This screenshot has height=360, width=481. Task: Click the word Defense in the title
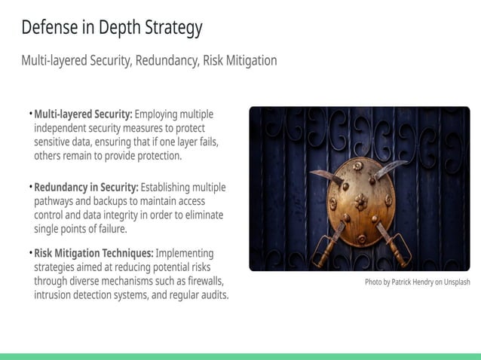pyautogui.click(x=50, y=28)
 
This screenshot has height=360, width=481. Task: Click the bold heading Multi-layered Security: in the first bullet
pyautogui.click(x=83, y=114)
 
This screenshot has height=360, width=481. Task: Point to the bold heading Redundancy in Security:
pyautogui.click(x=86, y=187)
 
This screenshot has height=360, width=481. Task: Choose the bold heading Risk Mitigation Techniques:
pyautogui.click(x=93, y=253)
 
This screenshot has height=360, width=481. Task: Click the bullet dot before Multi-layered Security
pyautogui.click(x=31, y=114)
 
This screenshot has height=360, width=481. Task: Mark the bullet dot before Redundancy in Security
pyautogui.click(x=31, y=187)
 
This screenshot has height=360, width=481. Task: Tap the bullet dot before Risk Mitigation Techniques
pyautogui.click(x=31, y=253)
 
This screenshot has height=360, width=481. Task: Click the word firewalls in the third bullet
pyautogui.click(x=202, y=281)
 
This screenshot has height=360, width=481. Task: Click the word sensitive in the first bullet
pyautogui.click(x=54, y=142)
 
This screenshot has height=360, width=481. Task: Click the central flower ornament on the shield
pyautogui.click(x=361, y=202)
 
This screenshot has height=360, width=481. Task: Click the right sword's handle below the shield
pyautogui.click(x=395, y=245)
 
